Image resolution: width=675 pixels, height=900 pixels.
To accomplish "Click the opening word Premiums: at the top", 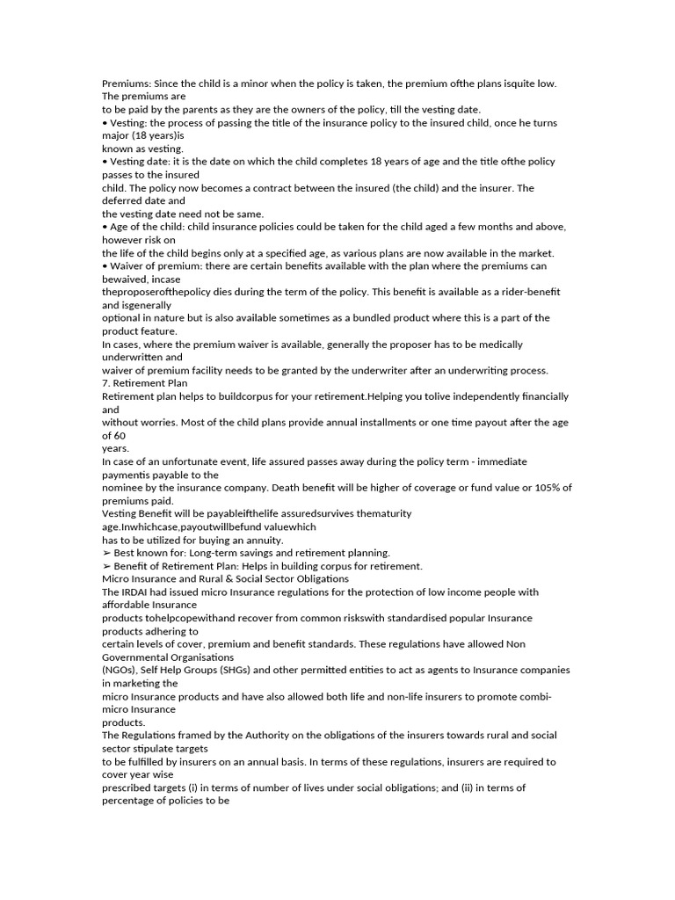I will point(127,83).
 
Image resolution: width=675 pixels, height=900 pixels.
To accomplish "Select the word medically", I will point(498,345).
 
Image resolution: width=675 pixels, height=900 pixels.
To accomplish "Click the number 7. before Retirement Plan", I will point(107,383).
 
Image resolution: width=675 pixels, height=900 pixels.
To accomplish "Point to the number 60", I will point(120,435).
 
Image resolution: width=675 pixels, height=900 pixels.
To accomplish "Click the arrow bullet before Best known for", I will point(106,553).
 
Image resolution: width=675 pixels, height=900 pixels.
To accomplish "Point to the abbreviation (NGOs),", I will point(122,670).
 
